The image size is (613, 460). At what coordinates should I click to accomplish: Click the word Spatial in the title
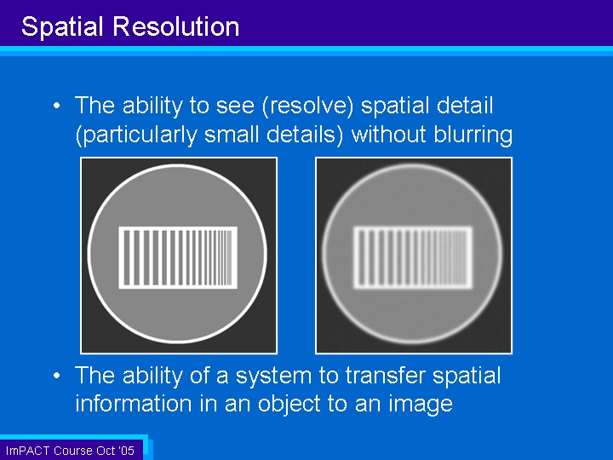point(62,27)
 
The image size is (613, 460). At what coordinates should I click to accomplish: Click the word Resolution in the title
point(176,26)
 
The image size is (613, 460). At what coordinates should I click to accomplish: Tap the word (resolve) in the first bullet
point(307,106)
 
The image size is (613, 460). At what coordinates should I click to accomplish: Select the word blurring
point(473,135)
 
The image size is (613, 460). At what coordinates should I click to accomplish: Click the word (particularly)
point(136,135)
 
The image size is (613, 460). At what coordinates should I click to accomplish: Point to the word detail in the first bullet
point(465,106)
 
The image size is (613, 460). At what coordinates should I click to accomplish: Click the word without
point(388,135)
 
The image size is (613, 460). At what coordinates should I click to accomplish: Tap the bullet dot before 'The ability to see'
point(57,106)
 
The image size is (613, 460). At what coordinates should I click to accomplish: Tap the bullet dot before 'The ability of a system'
point(57,376)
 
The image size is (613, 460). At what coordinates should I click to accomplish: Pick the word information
point(134,403)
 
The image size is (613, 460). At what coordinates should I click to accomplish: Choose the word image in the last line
point(421,405)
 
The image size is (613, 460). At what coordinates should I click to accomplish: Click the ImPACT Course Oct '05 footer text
point(70,451)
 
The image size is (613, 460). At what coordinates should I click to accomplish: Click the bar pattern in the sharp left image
point(178,258)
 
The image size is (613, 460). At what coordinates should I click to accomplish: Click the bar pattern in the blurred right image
point(413,258)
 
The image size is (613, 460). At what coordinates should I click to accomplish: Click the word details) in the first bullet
point(305,135)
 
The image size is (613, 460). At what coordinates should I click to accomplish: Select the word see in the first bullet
point(235,106)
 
